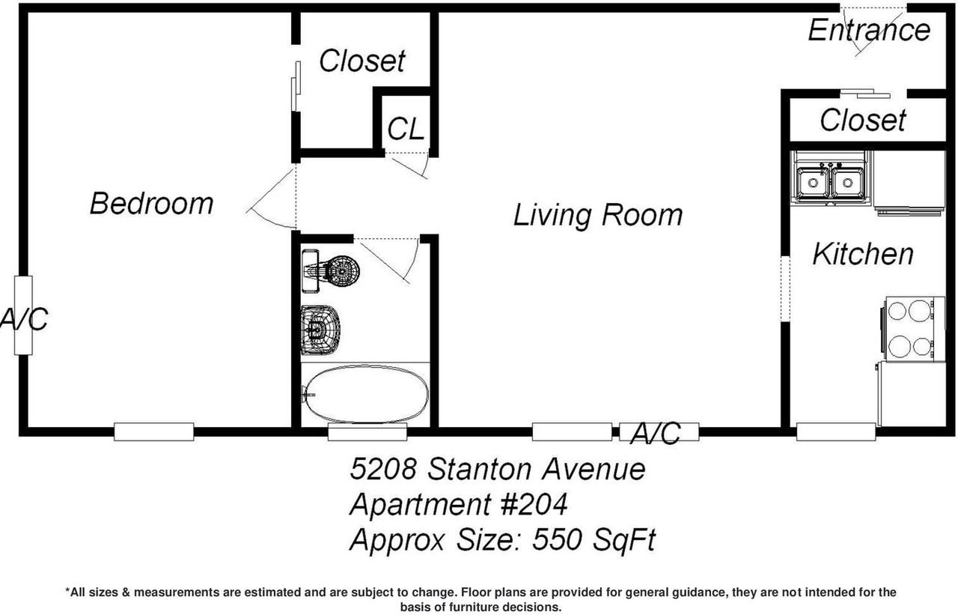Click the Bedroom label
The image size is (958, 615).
(151, 204)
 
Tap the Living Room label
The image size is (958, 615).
(597, 216)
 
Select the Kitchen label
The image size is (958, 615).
(863, 255)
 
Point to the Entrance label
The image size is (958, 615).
(868, 31)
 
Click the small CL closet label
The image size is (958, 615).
(406, 130)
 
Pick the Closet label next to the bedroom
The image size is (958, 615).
(362, 61)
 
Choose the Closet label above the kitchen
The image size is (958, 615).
(863, 120)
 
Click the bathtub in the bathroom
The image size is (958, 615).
(367, 395)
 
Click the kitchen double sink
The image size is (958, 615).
(830, 182)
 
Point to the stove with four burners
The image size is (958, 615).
(909, 327)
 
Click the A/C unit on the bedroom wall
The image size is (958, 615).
(23, 315)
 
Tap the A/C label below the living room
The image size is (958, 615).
(656, 434)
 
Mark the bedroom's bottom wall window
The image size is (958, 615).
(154, 431)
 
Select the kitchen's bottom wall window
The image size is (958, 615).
(836, 431)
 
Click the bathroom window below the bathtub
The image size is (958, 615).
(367, 431)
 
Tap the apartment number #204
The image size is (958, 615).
(532, 505)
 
